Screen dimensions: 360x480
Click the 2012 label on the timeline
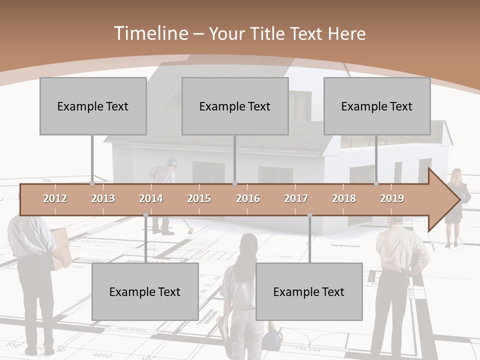pos(55,198)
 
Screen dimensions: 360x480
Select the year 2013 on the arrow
pos(103,198)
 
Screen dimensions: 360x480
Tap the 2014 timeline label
pos(151,198)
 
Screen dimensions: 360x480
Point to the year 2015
pos(199,198)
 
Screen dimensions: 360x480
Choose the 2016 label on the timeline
pos(248,198)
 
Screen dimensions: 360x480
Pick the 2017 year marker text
pos(296,198)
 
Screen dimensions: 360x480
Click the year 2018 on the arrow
pos(344,198)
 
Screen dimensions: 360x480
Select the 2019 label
pos(392,198)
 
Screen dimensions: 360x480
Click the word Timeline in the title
pos(150,33)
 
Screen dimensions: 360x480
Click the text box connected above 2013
pos(93,106)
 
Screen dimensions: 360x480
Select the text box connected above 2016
pos(235,106)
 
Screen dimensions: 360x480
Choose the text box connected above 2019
pos(377,106)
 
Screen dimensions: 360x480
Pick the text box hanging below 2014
pos(145,291)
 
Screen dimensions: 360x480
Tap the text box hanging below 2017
pos(309,291)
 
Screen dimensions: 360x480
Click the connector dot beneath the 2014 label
pos(145,215)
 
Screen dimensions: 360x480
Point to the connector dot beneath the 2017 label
pos(309,215)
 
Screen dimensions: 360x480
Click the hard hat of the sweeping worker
pos(172,162)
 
